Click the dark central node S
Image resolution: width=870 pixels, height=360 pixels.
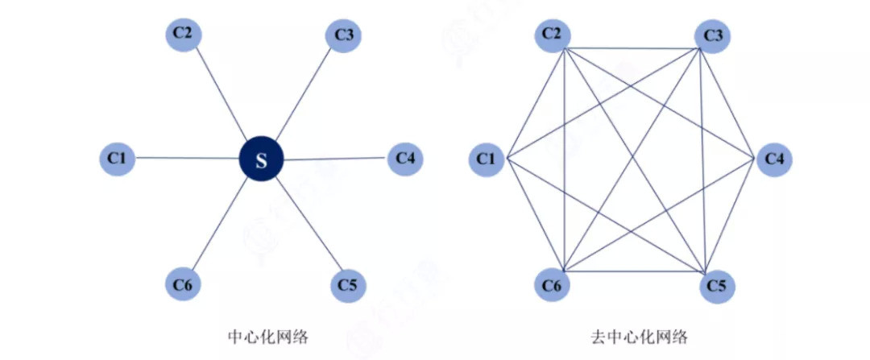pyautogui.click(x=261, y=159)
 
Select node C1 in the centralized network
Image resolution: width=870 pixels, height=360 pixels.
pyautogui.click(x=117, y=158)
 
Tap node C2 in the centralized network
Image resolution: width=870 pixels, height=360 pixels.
pyautogui.click(x=183, y=34)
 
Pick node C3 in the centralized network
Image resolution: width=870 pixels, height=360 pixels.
pyautogui.click(x=343, y=35)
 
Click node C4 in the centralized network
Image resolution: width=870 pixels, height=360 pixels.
pyautogui.click(x=405, y=159)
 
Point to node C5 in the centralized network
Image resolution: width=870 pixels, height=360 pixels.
pyautogui.click(x=348, y=285)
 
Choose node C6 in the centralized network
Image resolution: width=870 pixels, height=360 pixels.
pyautogui.click(x=183, y=285)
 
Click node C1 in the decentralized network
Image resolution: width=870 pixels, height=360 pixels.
pyautogui.click(x=487, y=159)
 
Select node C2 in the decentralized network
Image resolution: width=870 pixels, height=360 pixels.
pyautogui.click(x=552, y=35)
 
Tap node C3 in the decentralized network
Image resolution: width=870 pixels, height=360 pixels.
pyautogui.click(x=712, y=36)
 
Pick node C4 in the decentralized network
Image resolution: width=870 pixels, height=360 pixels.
pyautogui.click(x=775, y=159)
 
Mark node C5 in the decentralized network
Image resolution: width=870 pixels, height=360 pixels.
pyautogui.click(x=717, y=286)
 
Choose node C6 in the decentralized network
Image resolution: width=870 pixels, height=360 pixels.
pyautogui.click(x=552, y=285)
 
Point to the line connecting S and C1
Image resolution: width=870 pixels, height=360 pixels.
pyautogui.click(x=187, y=158)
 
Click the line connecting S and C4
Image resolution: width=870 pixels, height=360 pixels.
pyautogui.click(x=335, y=159)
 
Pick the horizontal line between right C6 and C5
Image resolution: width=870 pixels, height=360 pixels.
pyautogui.click(x=634, y=271)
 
